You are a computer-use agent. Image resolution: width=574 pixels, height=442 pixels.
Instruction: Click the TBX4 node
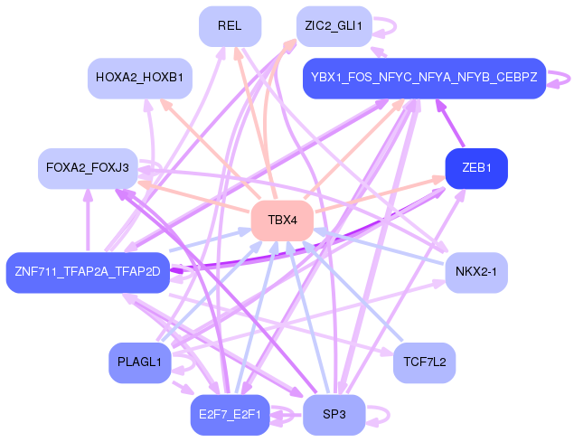tap(282, 221)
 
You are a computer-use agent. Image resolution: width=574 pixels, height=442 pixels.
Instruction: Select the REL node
tap(230, 26)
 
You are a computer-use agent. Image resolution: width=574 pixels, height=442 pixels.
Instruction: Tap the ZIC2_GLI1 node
tap(334, 26)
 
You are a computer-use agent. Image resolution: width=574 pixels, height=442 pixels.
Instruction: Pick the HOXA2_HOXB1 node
tap(140, 78)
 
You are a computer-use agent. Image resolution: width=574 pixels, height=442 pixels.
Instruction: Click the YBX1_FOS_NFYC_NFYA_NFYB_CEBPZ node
tap(424, 78)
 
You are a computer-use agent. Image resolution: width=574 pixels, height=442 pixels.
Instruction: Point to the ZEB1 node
tap(476, 168)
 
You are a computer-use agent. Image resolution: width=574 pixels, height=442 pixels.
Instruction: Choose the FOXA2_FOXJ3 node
tap(88, 168)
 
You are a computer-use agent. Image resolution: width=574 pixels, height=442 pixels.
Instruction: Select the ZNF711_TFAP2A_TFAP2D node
tap(88, 272)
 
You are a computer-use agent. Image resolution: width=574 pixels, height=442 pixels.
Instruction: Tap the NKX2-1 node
tap(476, 272)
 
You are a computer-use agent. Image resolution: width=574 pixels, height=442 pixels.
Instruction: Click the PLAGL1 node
tap(140, 362)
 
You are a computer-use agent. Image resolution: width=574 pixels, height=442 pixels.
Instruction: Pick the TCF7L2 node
tap(424, 362)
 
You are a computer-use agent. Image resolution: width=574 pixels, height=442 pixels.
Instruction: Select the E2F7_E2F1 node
tap(230, 415)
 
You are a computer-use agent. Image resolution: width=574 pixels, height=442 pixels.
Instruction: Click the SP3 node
tap(334, 415)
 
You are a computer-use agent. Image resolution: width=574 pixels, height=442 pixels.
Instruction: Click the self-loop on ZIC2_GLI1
tap(395, 26)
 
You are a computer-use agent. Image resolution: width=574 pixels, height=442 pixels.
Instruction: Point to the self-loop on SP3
tap(389, 416)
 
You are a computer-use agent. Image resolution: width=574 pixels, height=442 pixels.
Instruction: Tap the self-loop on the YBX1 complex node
tap(569, 79)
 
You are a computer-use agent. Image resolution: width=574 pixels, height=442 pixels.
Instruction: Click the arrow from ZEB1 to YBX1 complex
tap(449, 124)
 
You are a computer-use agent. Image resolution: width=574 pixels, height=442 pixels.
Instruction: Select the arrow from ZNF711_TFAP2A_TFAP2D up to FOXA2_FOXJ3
tap(88, 221)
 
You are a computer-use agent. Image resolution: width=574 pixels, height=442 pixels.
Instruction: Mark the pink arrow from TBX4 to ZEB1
tap(380, 195)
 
